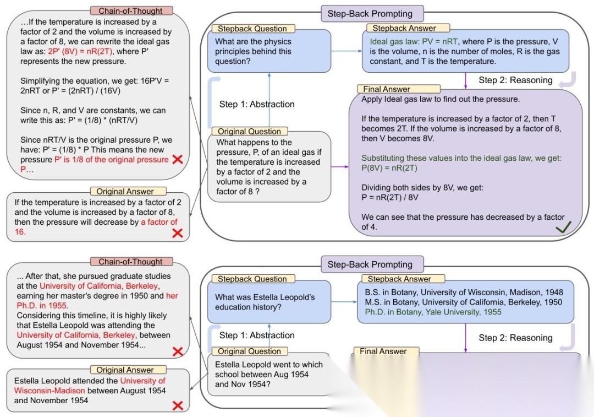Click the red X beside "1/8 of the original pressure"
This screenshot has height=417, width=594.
(x=177, y=160)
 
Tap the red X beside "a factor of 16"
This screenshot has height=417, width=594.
(x=177, y=233)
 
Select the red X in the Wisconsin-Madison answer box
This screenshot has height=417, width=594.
(x=177, y=405)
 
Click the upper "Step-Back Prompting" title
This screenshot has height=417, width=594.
(x=370, y=14)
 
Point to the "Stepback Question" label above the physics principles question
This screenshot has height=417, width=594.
(x=252, y=29)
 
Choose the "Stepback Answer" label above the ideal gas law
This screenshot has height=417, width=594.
(x=404, y=28)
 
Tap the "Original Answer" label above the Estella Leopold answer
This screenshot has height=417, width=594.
(x=125, y=370)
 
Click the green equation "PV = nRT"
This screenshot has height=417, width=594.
(x=441, y=42)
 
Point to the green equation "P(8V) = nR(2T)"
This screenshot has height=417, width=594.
(x=389, y=168)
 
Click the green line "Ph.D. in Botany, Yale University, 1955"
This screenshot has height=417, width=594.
(x=428, y=312)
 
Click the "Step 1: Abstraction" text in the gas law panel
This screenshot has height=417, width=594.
(x=257, y=104)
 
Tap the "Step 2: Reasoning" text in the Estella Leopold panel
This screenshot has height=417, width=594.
(x=515, y=338)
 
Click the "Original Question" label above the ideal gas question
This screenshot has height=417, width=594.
(x=249, y=132)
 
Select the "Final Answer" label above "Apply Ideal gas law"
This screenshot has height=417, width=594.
(x=387, y=89)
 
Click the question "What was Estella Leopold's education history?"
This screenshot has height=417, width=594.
(x=265, y=302)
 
